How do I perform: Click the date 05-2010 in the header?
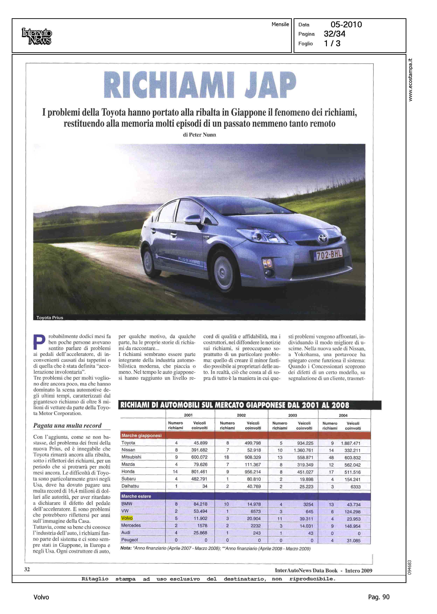tap(346, 25)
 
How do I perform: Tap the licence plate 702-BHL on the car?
tap(329, 254)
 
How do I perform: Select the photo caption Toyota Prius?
tap(50, 318)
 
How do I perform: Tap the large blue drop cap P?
tap(39, 342)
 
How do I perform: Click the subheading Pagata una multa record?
tap(67, 425)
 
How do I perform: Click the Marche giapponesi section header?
tap(141, 435)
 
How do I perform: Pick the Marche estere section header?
tap(136, 496)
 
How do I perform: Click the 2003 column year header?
tap(293, 415)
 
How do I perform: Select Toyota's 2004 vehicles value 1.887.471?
tap(351, 443)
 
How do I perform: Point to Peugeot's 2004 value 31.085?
tap(354, 540)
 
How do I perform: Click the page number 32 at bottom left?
tap(27, 569)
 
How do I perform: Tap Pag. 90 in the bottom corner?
tap(379, 597)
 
